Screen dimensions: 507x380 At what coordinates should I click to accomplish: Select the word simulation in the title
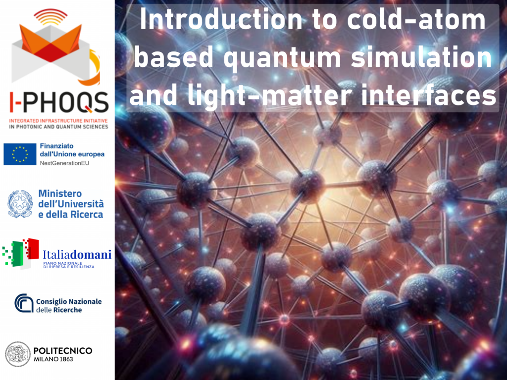[x=421, y=56]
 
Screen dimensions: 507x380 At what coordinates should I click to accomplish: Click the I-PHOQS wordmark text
[x=58, y=102]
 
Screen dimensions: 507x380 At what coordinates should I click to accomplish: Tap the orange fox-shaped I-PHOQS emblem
[x=51, y=43]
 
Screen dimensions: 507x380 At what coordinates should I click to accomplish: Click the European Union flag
[x=20, y=154]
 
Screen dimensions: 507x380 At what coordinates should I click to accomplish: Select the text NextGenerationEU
[x=64, y=163]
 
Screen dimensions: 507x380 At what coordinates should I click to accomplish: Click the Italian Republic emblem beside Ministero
[x=20, y=204]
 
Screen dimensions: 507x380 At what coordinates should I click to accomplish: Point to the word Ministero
[x=60, y=193]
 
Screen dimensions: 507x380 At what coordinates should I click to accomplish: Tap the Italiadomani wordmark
[x=77, y=255]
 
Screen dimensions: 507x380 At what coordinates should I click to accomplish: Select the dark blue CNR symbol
[x=24, y=303]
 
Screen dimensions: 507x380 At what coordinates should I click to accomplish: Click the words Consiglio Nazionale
[x=69, y=301]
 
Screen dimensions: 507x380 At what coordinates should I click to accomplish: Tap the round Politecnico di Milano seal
[x=18, y=354]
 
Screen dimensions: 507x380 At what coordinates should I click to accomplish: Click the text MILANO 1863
[x=53, y=359]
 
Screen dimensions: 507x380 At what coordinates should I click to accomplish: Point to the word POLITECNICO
[x=63, y=351]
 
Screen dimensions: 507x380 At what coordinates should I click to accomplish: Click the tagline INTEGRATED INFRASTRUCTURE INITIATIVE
[x=58, y=121]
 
